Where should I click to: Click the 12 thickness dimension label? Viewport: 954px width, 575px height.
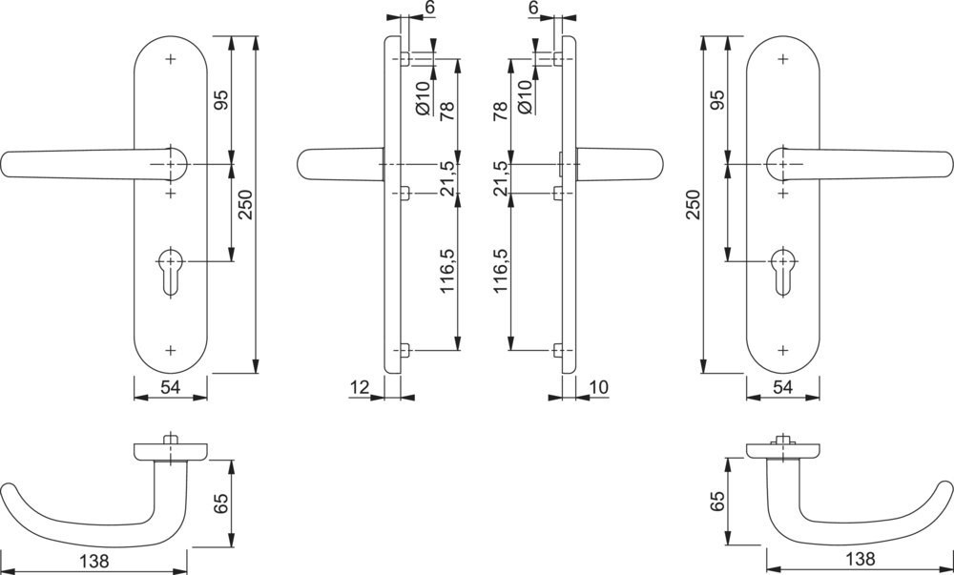click(x=360, y=386)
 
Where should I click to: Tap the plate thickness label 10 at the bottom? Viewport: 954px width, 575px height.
click(x=599, y=386)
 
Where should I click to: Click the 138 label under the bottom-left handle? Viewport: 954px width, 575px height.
click(x=93, y=560)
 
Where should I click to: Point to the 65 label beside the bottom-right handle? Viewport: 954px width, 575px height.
click(x=718, y=502)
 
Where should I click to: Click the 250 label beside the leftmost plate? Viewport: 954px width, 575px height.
click(x=245, y=205)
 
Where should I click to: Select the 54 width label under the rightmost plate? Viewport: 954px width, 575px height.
click(x=782, y=386)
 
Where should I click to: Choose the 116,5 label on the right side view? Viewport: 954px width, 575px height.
click(x=500, y=271)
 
